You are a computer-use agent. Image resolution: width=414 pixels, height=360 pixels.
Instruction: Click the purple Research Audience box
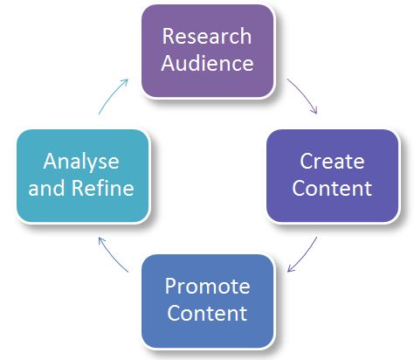(208, 51)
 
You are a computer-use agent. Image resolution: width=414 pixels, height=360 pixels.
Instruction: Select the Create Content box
(333, 176)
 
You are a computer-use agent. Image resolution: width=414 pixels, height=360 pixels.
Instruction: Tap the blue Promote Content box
(208, 301)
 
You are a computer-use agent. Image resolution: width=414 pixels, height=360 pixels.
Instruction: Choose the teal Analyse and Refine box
(83, 176)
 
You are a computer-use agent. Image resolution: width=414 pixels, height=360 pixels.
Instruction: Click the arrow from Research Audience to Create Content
(305, 93)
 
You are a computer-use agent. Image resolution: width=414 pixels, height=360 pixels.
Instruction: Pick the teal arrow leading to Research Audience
(111, 94)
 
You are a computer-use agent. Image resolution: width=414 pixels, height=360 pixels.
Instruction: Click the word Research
(207, 36)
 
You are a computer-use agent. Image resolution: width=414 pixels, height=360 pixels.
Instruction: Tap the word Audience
(207, 63)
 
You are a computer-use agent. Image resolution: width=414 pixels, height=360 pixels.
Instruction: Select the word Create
(332, 161)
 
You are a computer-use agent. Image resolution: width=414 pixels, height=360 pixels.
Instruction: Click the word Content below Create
(332, 188)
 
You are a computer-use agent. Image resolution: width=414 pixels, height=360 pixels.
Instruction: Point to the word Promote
(207, 287)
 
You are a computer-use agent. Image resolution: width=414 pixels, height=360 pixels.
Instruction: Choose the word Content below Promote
(207, 313)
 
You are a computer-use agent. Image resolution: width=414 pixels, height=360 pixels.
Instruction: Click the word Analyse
(81, 162)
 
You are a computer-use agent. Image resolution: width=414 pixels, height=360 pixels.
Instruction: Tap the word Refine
(102, 188)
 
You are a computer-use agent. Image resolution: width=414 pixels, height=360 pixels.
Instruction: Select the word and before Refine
(46, 188)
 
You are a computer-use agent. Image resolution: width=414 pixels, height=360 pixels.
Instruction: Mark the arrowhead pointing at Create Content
(314, 110)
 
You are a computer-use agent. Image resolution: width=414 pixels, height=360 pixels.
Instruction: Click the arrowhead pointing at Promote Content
(291, 268)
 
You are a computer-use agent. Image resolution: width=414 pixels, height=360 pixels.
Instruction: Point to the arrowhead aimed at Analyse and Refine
(101, 240)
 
